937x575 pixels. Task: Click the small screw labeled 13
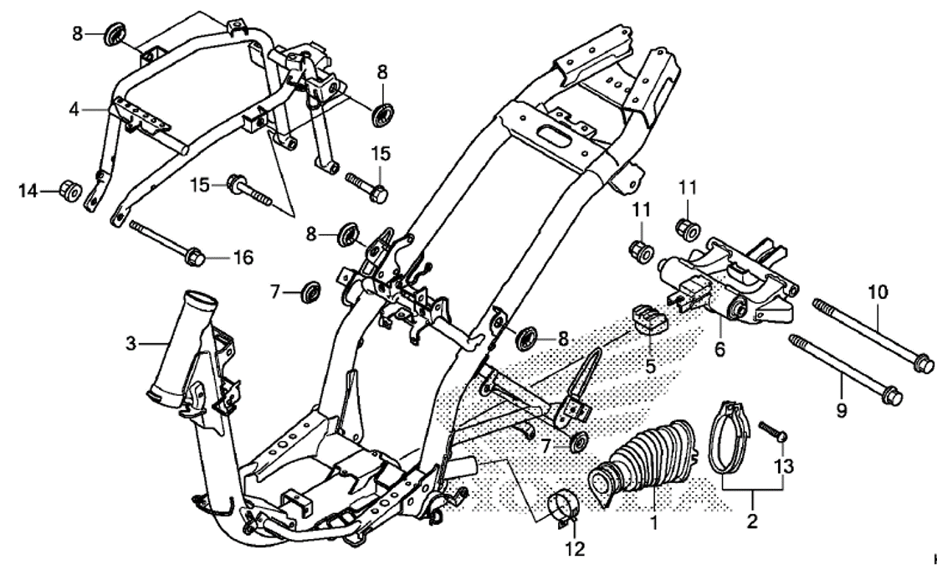pyautogui.click(x=773, y=432)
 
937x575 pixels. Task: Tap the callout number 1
pyautogui.click(x=655, y=525)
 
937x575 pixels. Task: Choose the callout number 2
pyautogui.click(x=752, y=522)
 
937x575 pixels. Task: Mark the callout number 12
pyautogui.click(x=574, y=550)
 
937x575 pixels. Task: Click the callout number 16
pyautogui.click(x=242, y=257)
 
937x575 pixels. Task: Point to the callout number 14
pyautogui.click(x=28, y=191)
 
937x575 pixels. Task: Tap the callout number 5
pyautogui.click(x=649, y=366)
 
